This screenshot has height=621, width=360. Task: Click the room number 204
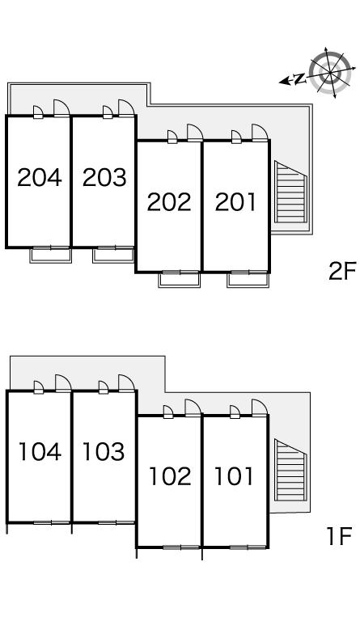click(40, 177)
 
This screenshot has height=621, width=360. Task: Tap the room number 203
click(104, 177)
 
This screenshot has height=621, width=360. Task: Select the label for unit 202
click(169, 202)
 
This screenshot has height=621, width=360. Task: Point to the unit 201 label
click(235, 202)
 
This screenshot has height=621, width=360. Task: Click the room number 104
click(40, 452)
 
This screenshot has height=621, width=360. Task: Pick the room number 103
click(104, 452)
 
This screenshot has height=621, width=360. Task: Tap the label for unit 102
click(170, 476)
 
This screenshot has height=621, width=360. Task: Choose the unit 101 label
click(234, 476)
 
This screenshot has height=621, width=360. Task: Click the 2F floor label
click(342, 271)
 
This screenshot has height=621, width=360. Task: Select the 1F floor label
click(339, 536)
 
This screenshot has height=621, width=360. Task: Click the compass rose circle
click(330, 73)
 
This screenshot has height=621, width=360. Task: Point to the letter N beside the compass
click(301, 78)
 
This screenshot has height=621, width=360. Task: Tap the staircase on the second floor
click(290, 192)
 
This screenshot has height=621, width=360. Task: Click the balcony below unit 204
click(51, 256)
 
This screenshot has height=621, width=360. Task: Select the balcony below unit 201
click(248, 280)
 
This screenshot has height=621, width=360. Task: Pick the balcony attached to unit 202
click(180, 280)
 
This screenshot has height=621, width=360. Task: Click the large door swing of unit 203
click(126, 108)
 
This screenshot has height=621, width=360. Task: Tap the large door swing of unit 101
click(260, 408)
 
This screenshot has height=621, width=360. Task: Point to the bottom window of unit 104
click(52, 523)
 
